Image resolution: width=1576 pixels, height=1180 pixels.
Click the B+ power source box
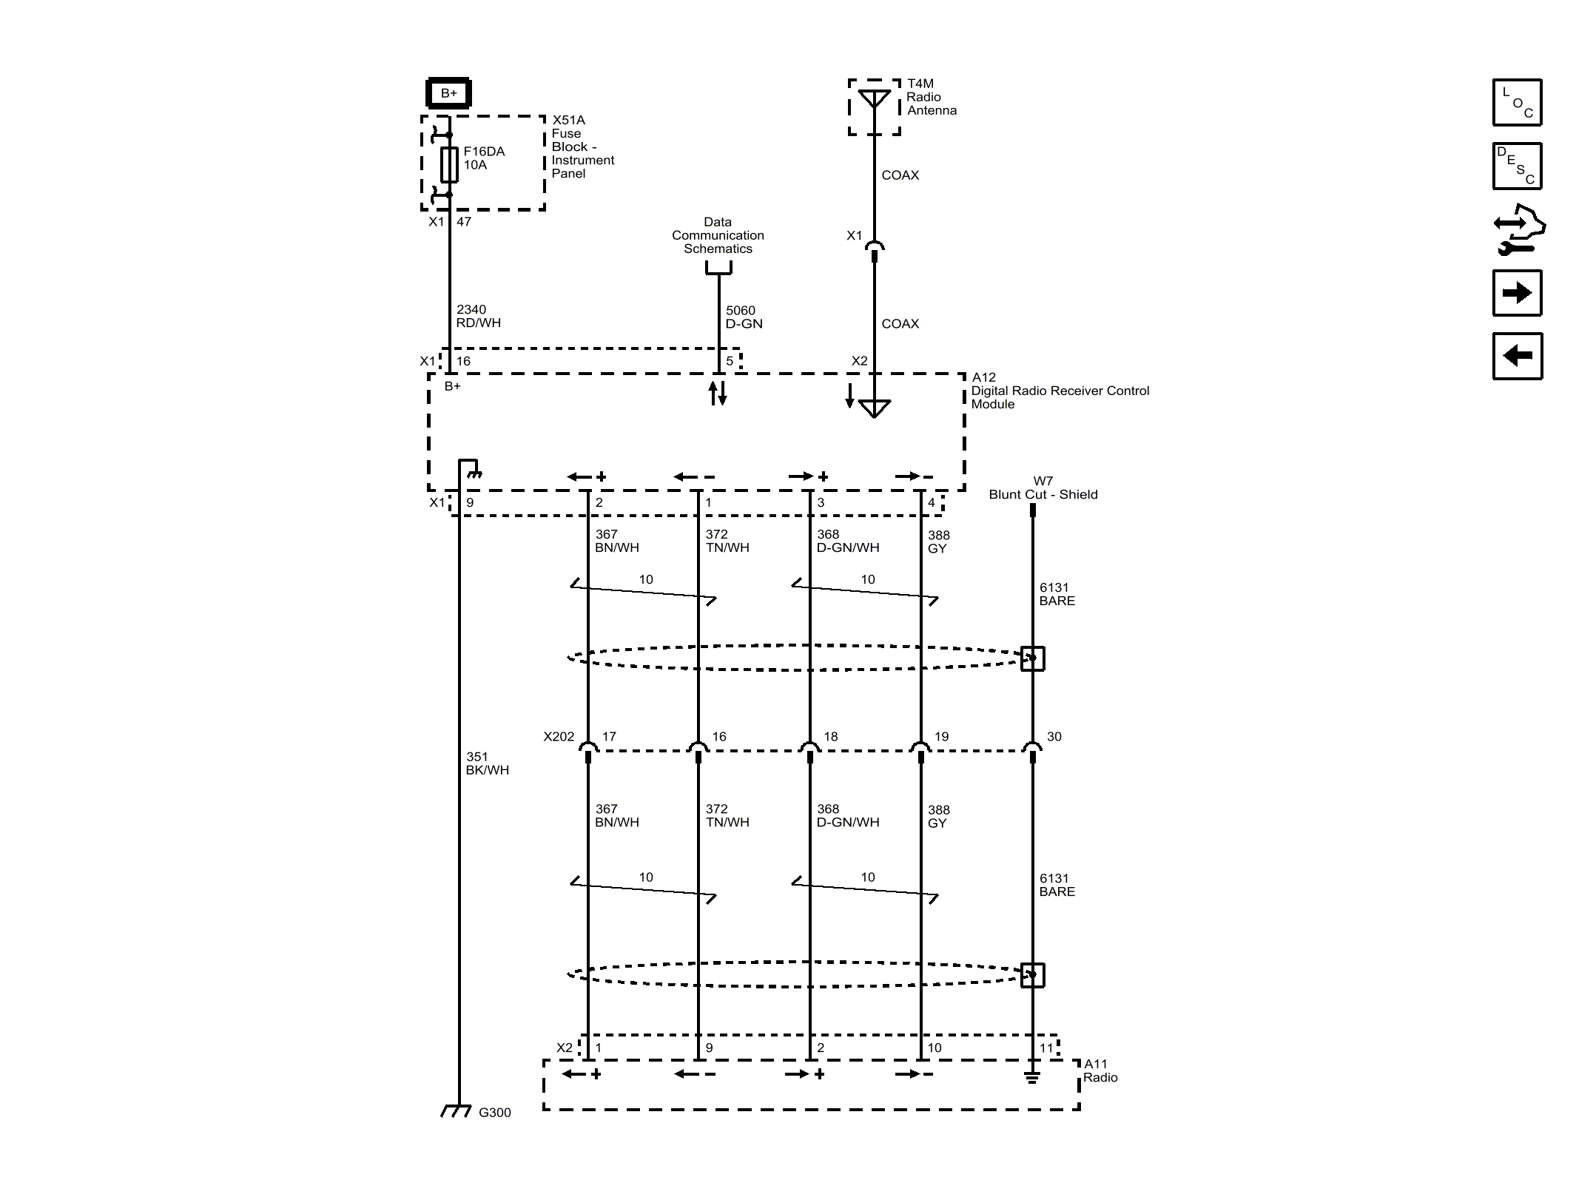[x=448, y=93]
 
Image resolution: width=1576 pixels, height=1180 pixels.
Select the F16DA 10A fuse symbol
[x=449, y=164]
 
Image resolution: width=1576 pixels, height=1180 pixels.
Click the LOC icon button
[x=1517, y=103]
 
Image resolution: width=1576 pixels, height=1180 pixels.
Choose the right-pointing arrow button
[x=1517, y=293]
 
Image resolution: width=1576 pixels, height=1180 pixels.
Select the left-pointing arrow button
[x=1517, y=356]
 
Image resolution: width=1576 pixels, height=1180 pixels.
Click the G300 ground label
[x=494, y=1113]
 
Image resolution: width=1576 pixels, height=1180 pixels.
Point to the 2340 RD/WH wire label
[x=478, y=316]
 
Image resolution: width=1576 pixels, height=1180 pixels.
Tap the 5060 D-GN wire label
[x=743, y=317]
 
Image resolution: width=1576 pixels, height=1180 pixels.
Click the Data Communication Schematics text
[x=718, y=235]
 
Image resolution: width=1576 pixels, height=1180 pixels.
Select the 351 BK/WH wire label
[x=487, y=763]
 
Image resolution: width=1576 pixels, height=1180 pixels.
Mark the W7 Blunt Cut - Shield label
[x=1043, y=488]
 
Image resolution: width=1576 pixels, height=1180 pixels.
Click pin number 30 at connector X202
[x=1054, y=737]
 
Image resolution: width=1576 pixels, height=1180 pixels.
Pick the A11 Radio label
[x=1100, y=1071]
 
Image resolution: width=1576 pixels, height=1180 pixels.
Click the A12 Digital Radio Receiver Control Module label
[x=1059, y=391]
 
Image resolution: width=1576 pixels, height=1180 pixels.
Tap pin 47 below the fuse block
[x=464, y=221]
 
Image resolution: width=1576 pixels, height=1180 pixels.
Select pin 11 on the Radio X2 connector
[x=1045, y=1048]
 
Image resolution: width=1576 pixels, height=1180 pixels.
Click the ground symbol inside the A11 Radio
[x=1032, y=1077]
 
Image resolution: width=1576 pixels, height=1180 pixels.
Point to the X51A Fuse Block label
[x=582, y=146]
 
